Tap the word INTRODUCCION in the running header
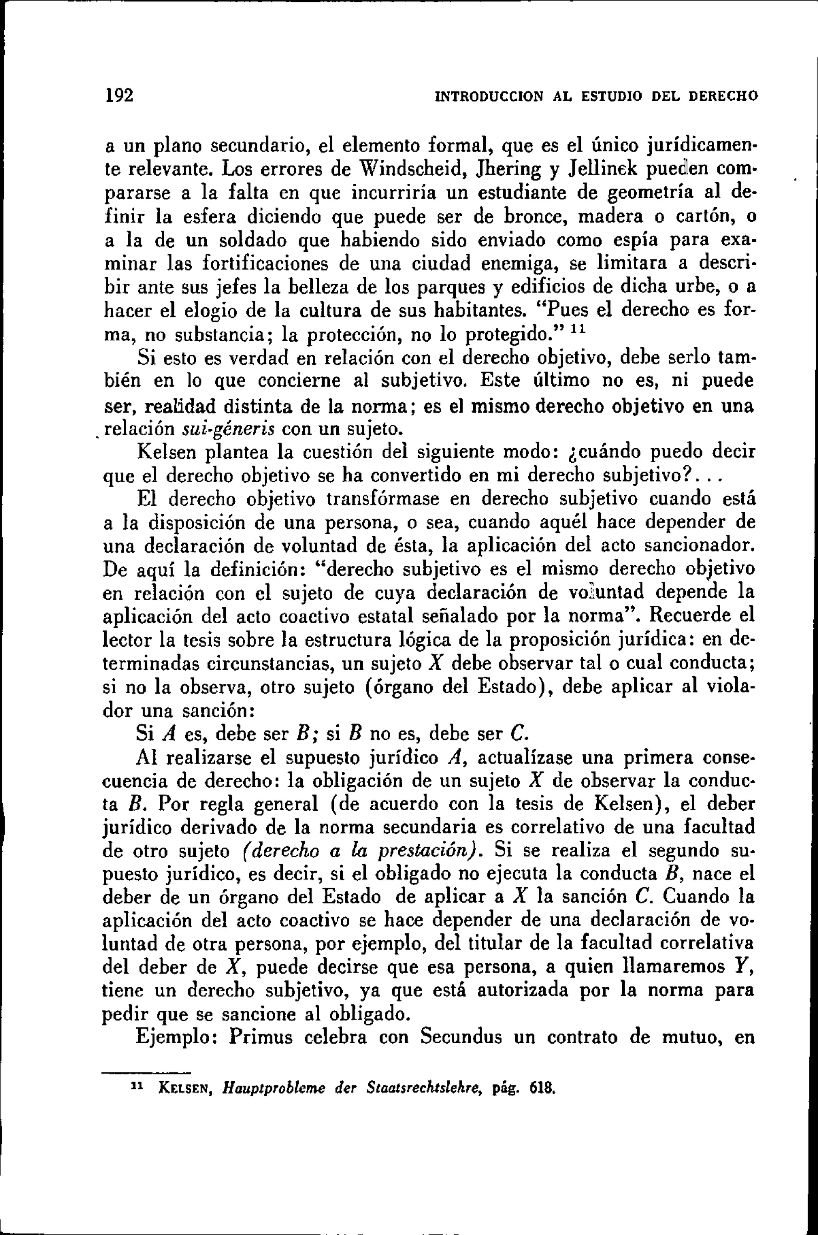click(x=489, y=97)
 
